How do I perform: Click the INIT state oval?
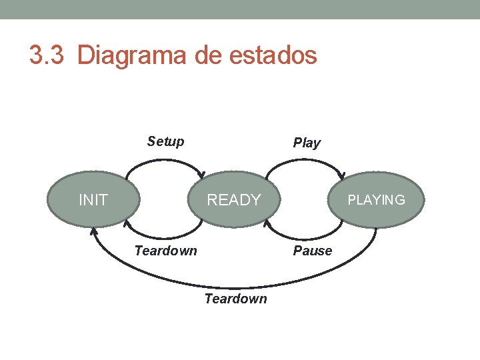point(93,199)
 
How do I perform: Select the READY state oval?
point(234,199)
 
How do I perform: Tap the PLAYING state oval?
point(377,199)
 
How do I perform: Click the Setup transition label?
point(165,141)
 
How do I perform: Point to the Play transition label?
point(307,143)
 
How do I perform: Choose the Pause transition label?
point(312,251)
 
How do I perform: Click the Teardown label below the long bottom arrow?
point(235,299)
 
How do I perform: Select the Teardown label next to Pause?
point(165,251)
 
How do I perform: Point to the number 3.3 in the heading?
point(46,55)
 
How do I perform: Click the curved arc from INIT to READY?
point(165,160)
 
